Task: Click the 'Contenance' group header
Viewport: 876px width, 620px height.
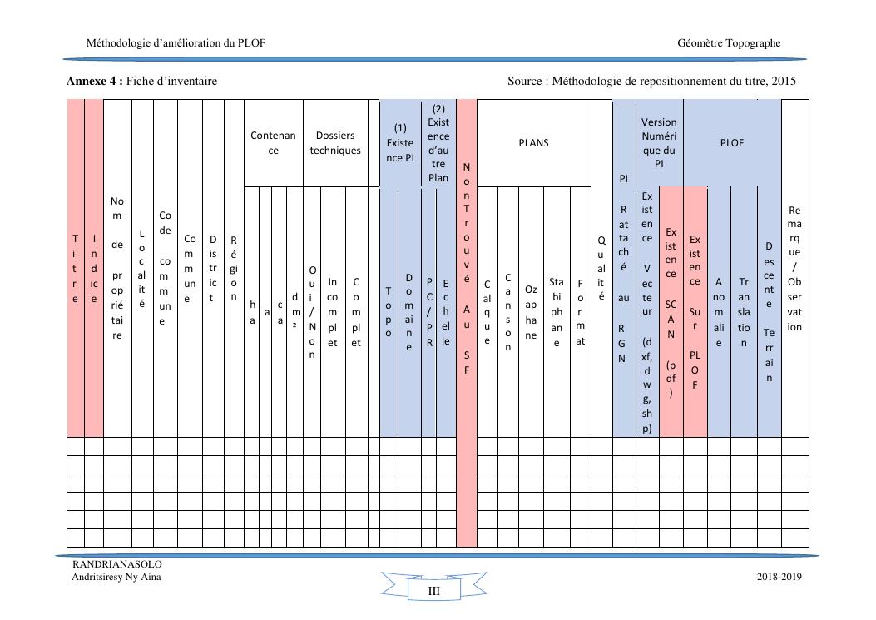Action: [x=273, y=143]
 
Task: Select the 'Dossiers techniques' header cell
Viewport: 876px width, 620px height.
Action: [x=335, y=143]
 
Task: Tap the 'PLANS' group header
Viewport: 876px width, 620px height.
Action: [x=533, y=143]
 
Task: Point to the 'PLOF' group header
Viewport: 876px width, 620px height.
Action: [x=731, y=143]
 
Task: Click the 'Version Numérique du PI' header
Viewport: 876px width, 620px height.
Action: [x=659, y=143]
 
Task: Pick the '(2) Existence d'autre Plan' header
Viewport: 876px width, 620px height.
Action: [x=438, y=143]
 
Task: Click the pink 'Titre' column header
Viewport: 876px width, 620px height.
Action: [x=76, y=268]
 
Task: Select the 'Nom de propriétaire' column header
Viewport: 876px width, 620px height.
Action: [x=117, y=268]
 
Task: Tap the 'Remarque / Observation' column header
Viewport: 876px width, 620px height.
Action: [x=794, y=268]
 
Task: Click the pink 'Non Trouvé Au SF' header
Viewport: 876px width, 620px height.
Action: [x=466, y=268]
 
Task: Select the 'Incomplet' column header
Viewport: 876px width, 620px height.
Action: [x=333, y=312]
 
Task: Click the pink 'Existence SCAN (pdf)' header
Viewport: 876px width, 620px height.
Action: [x=671, y=312]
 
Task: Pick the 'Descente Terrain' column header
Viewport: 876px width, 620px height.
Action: [x=769, y=312]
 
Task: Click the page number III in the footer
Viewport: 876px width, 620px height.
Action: [x=433, y=591]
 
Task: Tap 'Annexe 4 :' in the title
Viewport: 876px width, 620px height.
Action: [x=95, y=81]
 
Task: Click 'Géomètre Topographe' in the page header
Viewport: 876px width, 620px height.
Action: [x=729, y=43]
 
